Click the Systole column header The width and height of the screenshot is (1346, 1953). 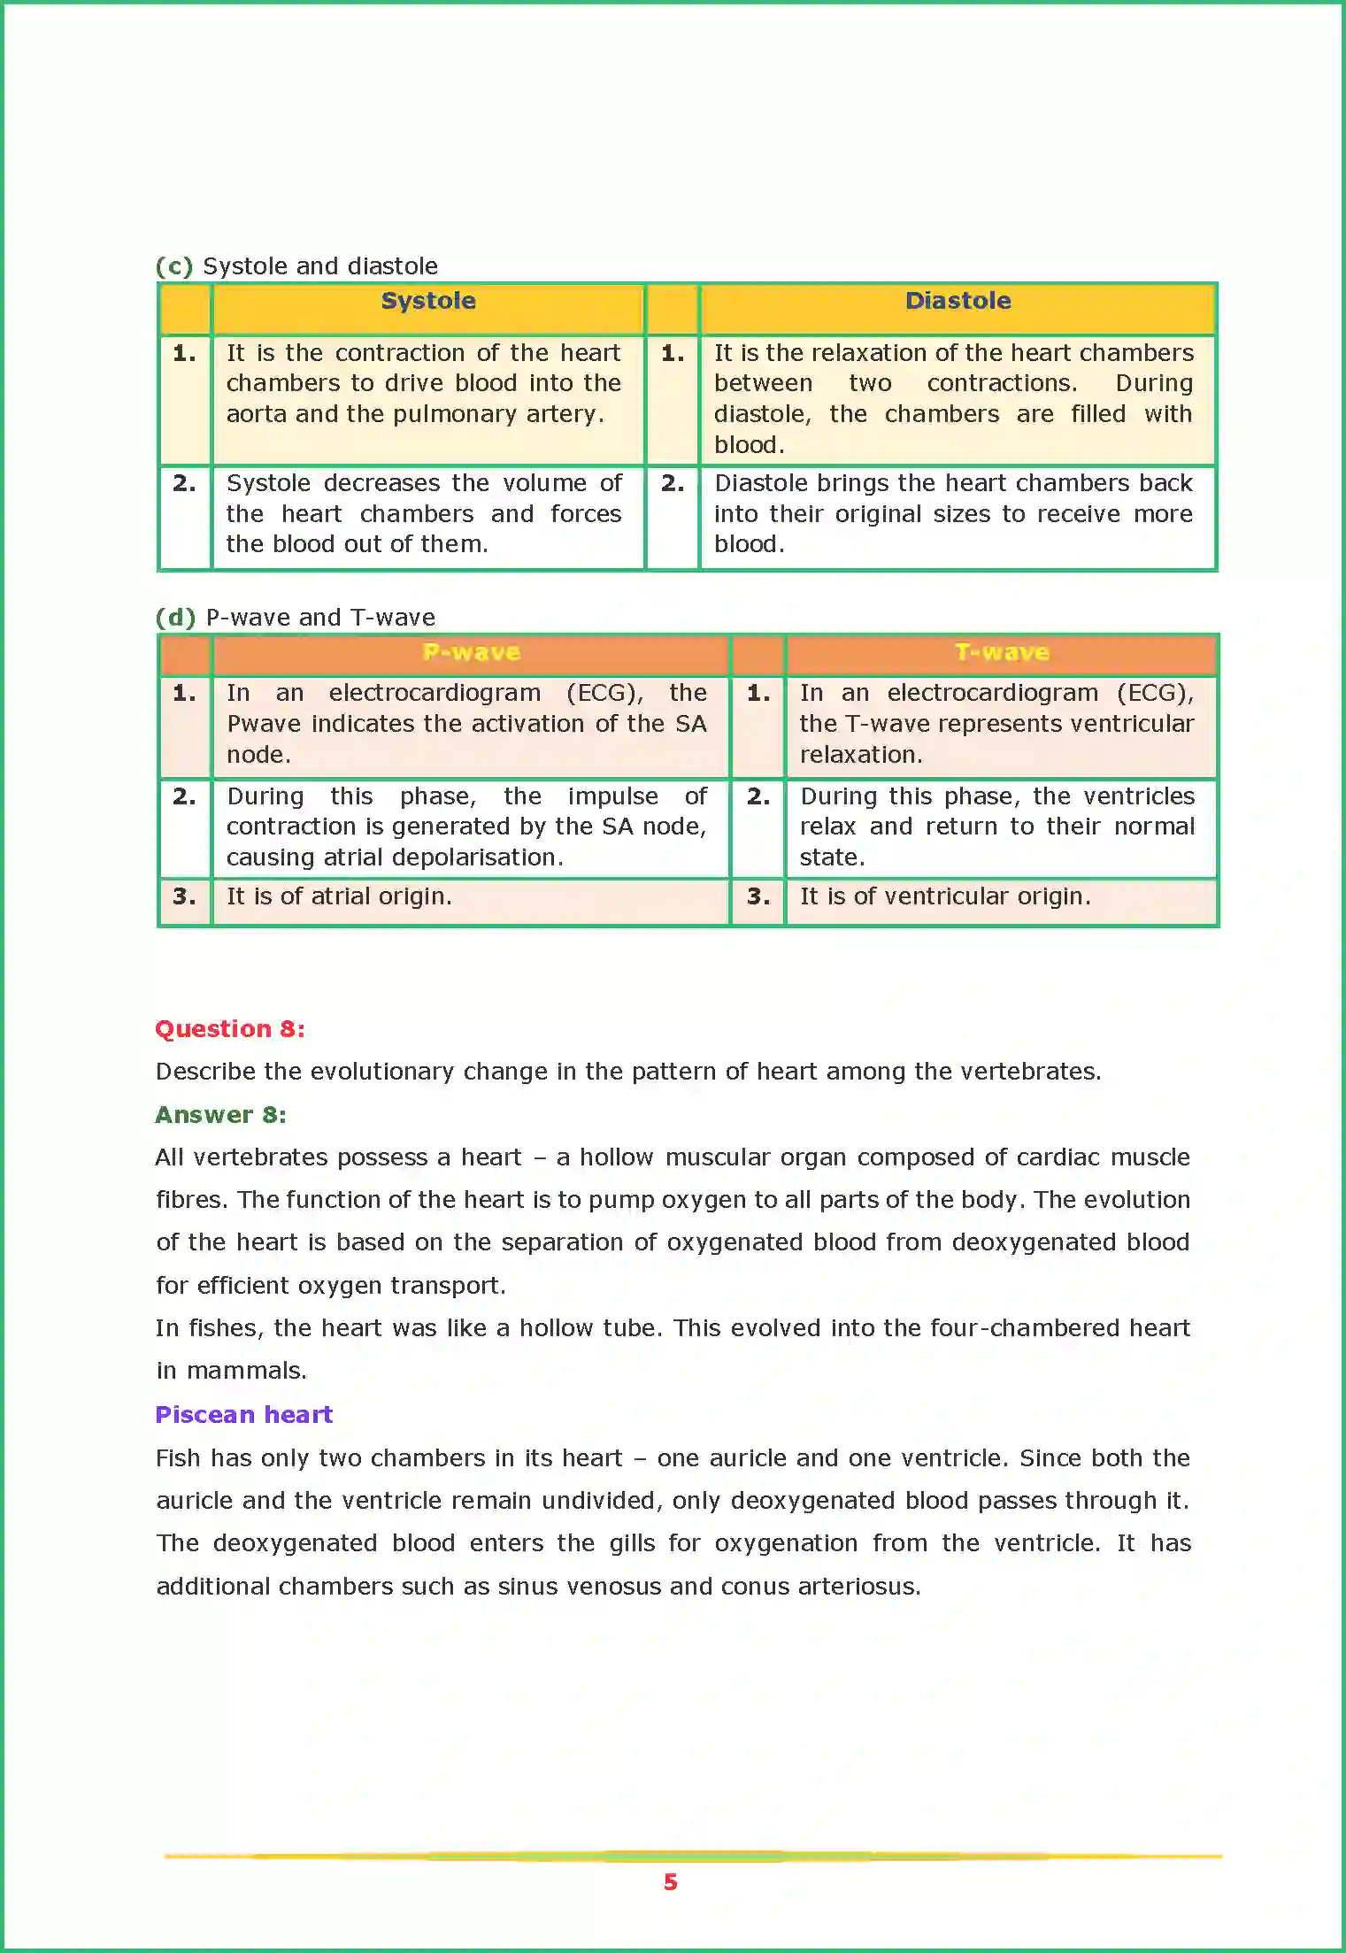tap(428, 301)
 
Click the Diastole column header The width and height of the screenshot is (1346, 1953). tap(958, 301)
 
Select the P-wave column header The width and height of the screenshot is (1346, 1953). tap(471, 652)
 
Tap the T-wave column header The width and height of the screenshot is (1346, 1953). tap(1002, 652)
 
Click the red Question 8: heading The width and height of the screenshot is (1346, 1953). tap(230, 1029)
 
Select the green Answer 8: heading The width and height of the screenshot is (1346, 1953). tap(221, 1115)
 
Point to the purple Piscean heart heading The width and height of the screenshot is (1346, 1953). tap(244, 1415)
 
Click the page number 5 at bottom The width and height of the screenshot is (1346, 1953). tap(671, 1882)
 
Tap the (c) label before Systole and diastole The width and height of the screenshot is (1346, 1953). tap(174, 266)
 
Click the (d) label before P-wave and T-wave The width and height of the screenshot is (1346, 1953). tap(175, 618)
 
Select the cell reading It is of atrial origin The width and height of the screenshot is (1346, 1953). tap(339, 896)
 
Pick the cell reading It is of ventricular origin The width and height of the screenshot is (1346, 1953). tap(945, 896)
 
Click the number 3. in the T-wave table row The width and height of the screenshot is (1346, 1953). tap(758, 896)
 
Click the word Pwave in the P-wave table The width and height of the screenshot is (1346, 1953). tap(264, 724)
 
